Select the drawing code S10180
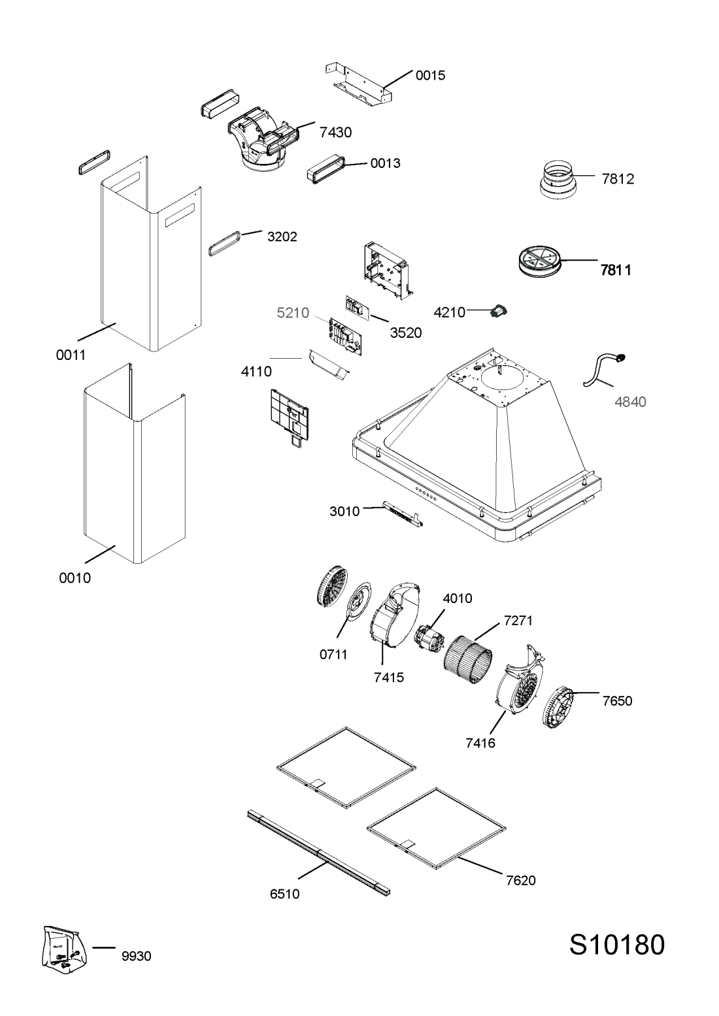616,945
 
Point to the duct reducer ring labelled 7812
558,178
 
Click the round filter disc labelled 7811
535,261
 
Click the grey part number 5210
292,314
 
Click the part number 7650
618,701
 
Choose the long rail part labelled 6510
319,853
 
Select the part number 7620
520,881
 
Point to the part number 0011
71,355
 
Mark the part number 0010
75,578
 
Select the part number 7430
336,133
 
